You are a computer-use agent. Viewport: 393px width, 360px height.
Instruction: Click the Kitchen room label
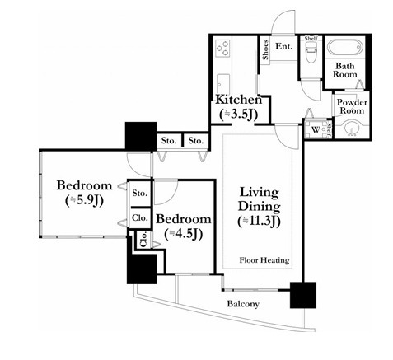tap(239, 100)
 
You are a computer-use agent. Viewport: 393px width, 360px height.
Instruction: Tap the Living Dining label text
tap(259, 199)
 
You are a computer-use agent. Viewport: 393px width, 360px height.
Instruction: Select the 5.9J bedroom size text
tap(84, 201)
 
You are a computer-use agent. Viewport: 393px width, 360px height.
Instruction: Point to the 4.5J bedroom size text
tap(184, 234)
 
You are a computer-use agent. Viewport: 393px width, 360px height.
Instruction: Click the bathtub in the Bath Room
tap(345, 47)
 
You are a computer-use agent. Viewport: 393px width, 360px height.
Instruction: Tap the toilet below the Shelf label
tap(311, 53)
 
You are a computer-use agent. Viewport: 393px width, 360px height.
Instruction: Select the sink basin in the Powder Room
tap(352, 129)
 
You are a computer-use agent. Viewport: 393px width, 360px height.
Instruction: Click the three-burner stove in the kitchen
tap(222, 48)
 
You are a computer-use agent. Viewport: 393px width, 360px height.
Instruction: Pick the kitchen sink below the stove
tap(222, 84)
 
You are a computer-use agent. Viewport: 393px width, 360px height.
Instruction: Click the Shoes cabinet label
tap(265, 50)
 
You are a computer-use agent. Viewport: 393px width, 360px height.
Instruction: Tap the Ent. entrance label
tap(283, 46)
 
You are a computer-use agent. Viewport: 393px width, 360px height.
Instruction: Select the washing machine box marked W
tap(316, 129)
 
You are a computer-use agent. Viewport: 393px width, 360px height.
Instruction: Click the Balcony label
tap(243, 304)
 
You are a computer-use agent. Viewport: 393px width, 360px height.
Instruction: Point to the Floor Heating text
tap(264, 259)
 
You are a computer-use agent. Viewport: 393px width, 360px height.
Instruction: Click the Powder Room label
tap(352, 106)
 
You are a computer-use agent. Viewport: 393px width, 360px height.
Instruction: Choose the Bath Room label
tap(345, 70)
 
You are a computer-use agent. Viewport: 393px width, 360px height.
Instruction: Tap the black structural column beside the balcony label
tap(303, 295)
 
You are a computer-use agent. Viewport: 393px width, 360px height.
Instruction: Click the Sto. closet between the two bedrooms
tap(140, 193)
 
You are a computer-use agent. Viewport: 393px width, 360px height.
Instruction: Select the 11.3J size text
tap(259, 222)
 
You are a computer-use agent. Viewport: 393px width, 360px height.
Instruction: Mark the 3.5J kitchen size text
tap(239, 115)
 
